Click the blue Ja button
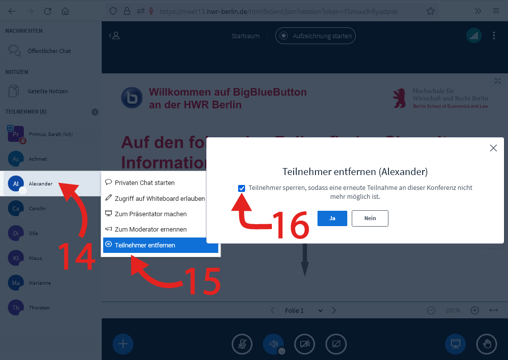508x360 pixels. [x=332, y=218]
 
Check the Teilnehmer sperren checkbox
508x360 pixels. [x=242, y=188]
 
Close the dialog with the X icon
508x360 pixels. [x=493, y=148]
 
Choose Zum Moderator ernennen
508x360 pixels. [x=150, y=229]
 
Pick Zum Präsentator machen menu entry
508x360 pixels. [x=150, y=214]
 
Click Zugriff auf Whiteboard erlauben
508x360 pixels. [x=159, y=198]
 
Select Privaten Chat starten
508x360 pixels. [x=144, y=182]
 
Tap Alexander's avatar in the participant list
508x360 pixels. [x=16, y=183]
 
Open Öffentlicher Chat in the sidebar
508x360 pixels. [x=49, y=51]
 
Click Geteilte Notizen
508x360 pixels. [x=48, y=91]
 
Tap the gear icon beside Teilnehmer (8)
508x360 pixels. [x=95, y=112]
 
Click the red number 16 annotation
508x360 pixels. [x=292, y=225]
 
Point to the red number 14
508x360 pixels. [x=77, y=256]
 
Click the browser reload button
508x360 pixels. [x=48, y=11]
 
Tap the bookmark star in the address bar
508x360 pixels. [x=431, y=11]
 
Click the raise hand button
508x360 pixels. [x=486, y=344]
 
